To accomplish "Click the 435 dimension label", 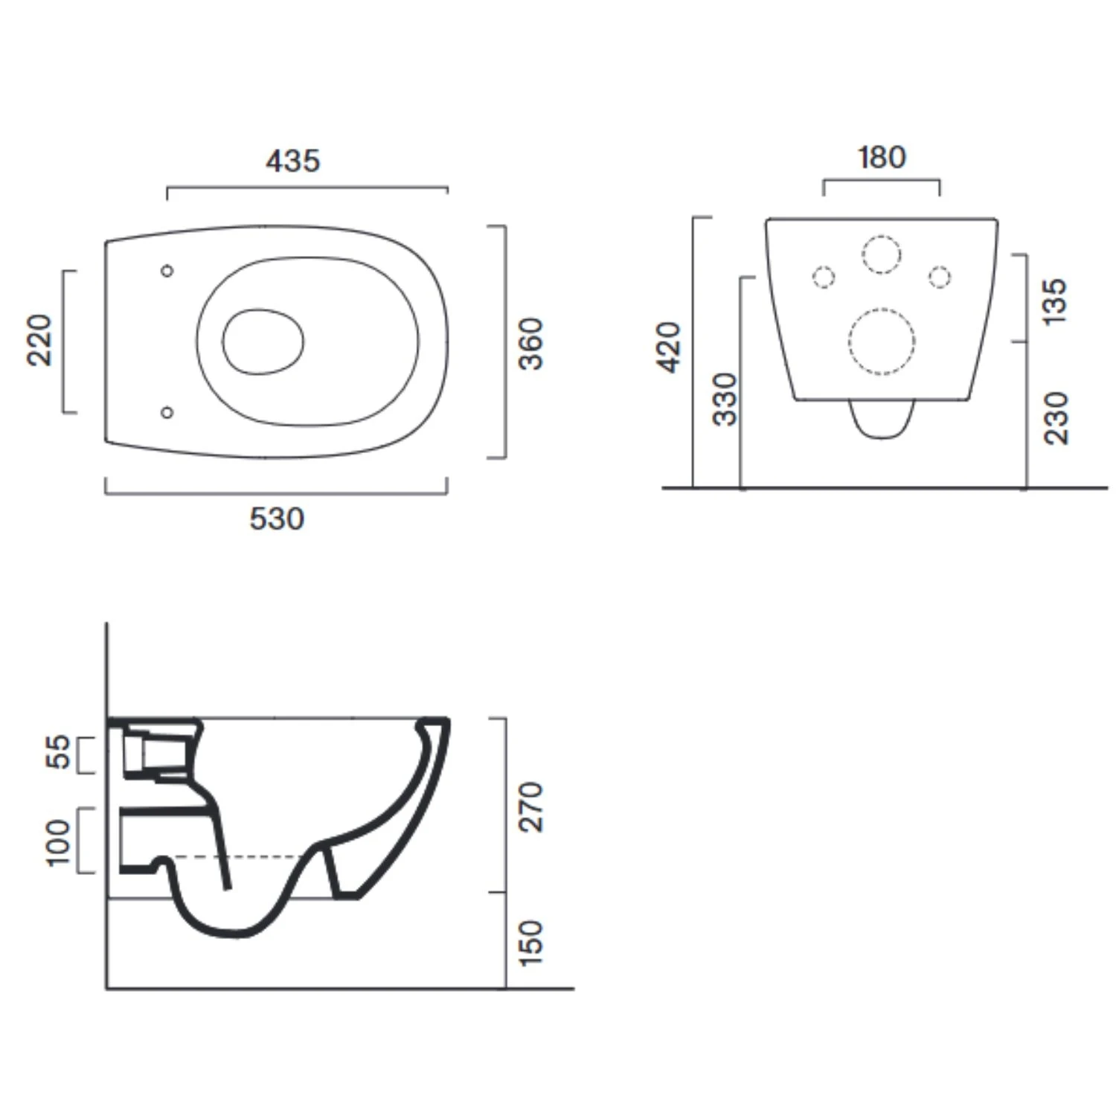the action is [x=293, y=161].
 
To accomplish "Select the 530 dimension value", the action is [x=277, y=519].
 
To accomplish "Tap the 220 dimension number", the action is [x=40, y=340].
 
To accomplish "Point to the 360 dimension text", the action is [x=531, y=344].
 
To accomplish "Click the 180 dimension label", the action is [x=882, y=157].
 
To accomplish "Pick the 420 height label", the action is [x=670, y=347].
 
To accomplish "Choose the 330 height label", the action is [x=725, y=400].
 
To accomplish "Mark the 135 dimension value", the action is [x=1056, y=301].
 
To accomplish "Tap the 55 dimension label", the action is [x=58, y=751].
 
